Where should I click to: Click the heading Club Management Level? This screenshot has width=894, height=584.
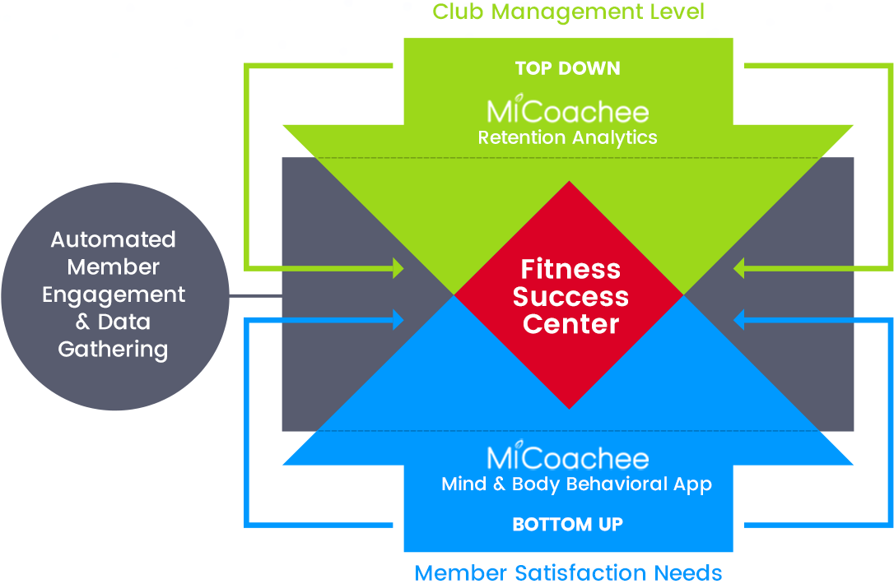click(568, 12)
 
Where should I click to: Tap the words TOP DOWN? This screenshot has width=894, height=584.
click(568, 68)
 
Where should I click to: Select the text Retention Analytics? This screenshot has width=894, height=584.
click(568, 137)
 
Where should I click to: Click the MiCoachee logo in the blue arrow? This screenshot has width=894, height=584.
click(568, 458)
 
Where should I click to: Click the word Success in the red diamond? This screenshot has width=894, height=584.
click(570, 296)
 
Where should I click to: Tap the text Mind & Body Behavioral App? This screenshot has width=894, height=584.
click(576, 484)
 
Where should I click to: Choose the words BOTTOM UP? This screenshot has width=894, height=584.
click(568, 524)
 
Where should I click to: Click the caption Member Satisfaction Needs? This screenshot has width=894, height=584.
click(568, 572)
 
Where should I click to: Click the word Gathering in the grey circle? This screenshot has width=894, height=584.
click(113, 350)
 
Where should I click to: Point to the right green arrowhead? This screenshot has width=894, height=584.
click(738, 268)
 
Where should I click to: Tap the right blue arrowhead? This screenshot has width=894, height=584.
click(738, 319)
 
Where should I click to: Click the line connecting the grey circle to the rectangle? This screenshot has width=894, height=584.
click(255, 295)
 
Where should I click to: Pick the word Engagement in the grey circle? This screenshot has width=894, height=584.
click(114, 294)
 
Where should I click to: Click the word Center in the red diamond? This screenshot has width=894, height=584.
click(570, 324)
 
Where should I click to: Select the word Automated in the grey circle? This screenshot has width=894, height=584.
click(114, 239)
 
